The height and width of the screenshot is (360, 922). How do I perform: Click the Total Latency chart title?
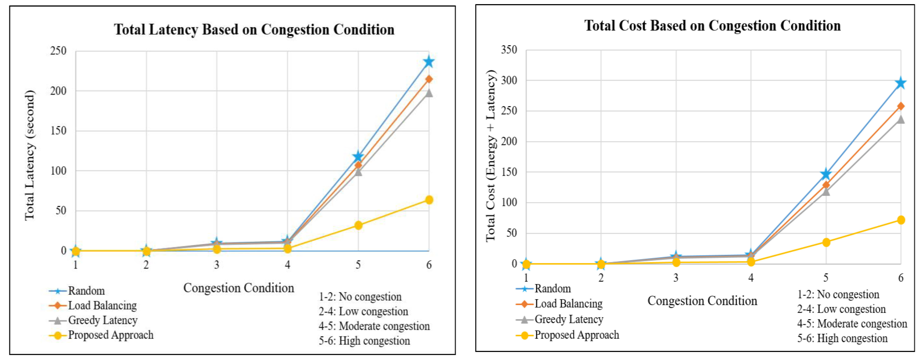(254, 29)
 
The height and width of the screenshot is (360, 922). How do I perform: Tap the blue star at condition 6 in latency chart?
(428, 62)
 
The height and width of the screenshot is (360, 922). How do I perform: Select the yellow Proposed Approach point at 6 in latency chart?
(429, 200)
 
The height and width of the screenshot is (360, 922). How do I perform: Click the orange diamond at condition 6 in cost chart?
(900, 106)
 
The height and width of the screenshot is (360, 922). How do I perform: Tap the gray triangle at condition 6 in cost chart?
(900, 119)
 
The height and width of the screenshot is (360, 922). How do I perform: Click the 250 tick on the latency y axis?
(58, 51)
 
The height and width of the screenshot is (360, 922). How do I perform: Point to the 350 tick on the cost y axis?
(509, 50)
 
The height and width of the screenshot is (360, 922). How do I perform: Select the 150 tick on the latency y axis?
(58, 131)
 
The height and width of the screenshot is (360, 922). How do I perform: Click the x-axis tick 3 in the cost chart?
(676, 278)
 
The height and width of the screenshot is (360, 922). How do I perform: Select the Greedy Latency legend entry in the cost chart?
(568, 319)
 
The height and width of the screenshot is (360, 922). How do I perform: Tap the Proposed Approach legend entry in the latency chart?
(110, 335)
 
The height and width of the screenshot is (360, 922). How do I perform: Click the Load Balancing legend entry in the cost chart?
(568, 304)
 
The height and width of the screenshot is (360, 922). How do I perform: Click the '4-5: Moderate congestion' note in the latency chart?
(374, 326)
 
